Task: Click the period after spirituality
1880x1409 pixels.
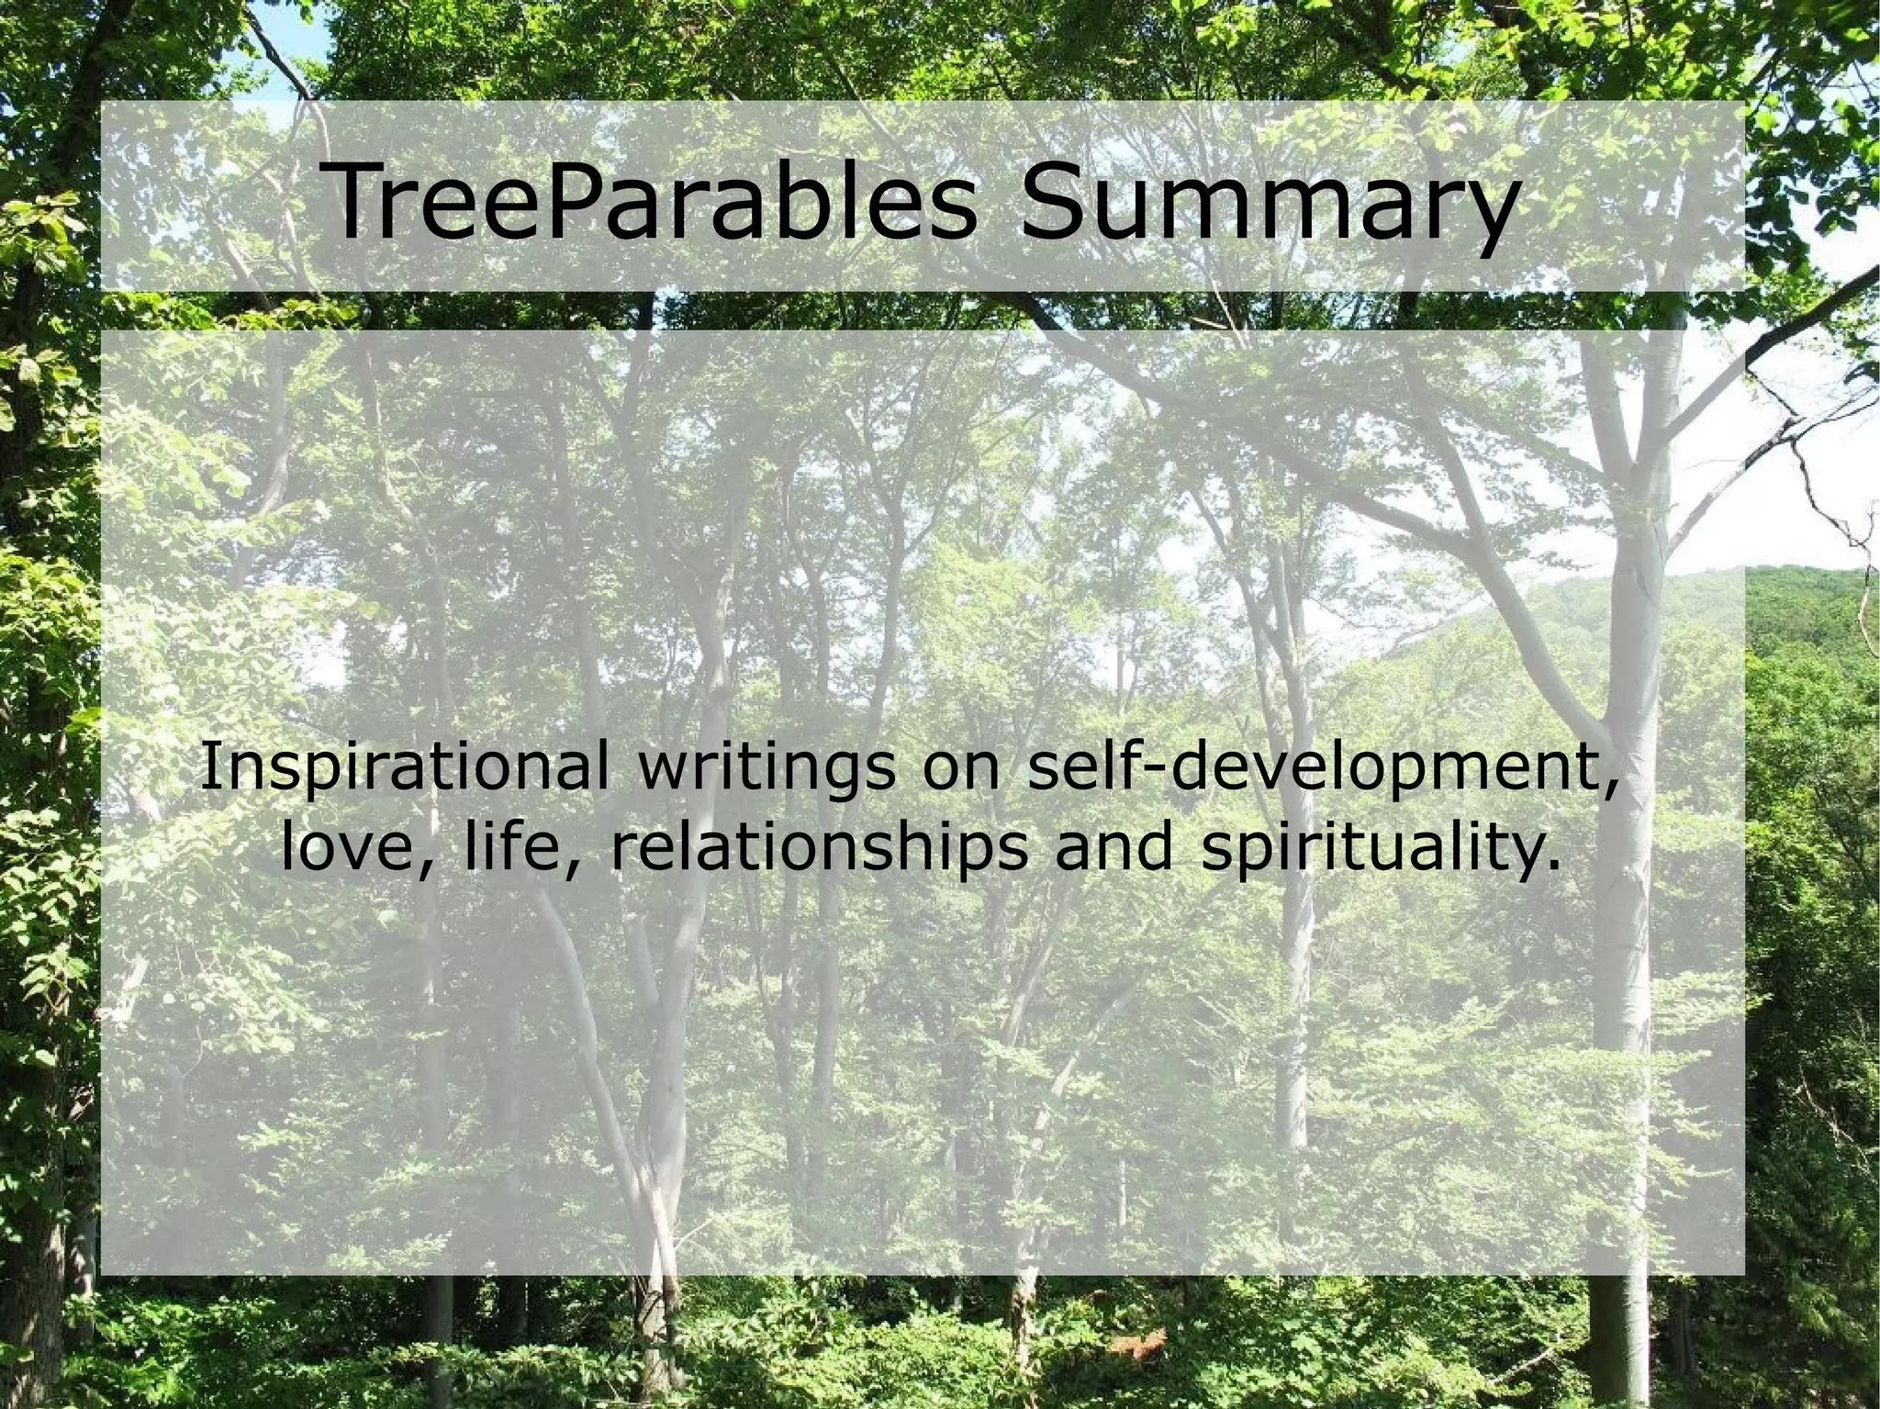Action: pyautogui.click(x=1552, y=867)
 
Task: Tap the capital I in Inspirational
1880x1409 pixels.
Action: pyautogui.click(x=208, y=766)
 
